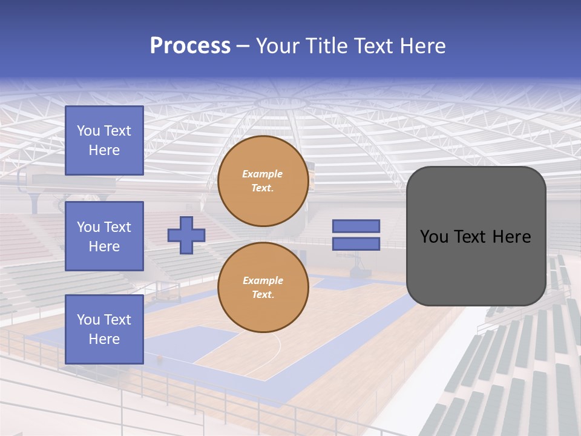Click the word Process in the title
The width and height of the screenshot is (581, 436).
point(190,46)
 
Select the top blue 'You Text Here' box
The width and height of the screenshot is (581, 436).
point(104,140)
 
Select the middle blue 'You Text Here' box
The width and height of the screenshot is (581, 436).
point(104,236)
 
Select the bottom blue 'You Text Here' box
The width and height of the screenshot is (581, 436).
point(104,329)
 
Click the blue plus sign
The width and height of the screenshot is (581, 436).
point(186,236)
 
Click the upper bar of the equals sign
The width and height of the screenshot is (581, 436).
point(356,226)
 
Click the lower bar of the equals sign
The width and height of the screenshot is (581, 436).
point(356,244)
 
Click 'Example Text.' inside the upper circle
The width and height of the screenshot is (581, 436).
point(263,181)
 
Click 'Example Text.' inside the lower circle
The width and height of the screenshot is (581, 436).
point(263,288)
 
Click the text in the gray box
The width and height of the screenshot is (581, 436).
point(476,236)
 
